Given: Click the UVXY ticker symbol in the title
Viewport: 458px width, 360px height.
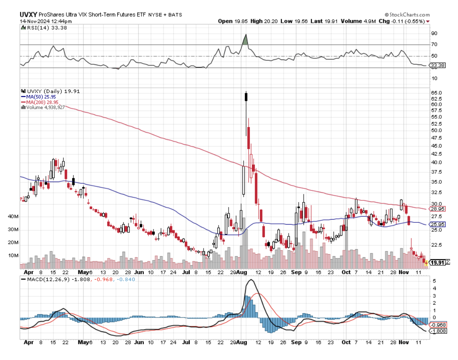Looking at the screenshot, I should click(28, 15).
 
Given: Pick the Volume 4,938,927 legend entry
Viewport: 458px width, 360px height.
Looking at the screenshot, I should click(45, 107).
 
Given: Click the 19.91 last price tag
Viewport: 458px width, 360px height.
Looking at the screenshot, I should click(437, 262).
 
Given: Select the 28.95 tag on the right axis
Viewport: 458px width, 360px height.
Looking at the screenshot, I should click(436, 208).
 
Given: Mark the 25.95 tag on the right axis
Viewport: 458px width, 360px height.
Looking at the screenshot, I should click(436, 224).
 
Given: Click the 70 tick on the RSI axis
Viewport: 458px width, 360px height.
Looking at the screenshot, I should click(434, 44).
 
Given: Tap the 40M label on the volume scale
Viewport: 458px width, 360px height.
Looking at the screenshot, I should click(25, 217).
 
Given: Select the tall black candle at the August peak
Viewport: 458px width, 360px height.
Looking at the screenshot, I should click(246, 97).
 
